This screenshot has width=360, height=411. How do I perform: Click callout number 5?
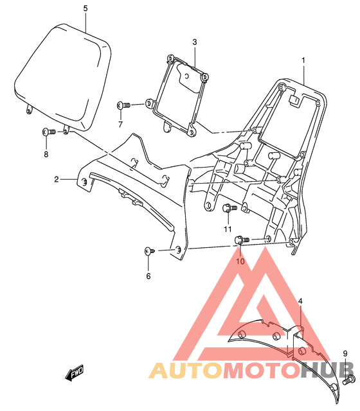click(85, 8)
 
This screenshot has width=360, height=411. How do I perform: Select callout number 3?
click(194, 42)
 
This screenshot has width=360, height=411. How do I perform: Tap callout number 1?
click(303, 60)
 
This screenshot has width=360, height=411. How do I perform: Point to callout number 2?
click(57, 179)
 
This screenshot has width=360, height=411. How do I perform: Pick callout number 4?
click(300, 301)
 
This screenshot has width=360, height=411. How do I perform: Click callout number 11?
click(228, 229)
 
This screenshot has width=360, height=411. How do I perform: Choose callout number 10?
click(240, 261)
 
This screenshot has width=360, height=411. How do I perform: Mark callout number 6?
click(148, 276)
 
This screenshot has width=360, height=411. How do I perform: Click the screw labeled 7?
click(123, 105)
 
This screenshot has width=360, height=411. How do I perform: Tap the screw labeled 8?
click(49, 131)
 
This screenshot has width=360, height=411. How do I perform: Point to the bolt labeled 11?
click(230, 208)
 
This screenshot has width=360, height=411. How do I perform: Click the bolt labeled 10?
click(242, 240)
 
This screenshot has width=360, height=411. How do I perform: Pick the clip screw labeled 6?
click(150, 251)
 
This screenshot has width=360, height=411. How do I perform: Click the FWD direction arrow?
click(74, 372)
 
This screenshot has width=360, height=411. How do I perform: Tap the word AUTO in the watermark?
click(185, 371)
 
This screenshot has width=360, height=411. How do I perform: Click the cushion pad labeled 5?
click(62, 77)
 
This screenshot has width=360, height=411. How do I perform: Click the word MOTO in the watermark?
click(261, 371)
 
